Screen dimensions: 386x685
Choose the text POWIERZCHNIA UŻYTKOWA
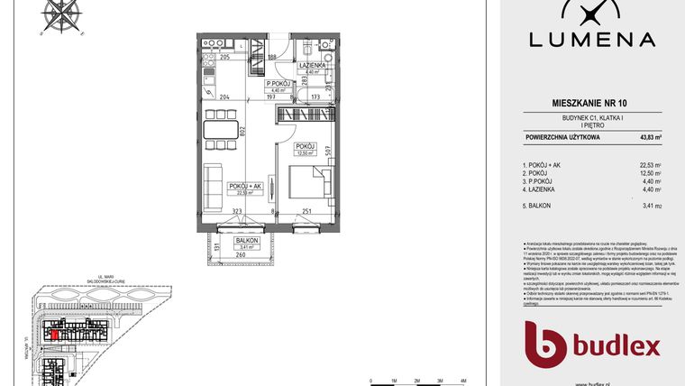pos(560,138)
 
